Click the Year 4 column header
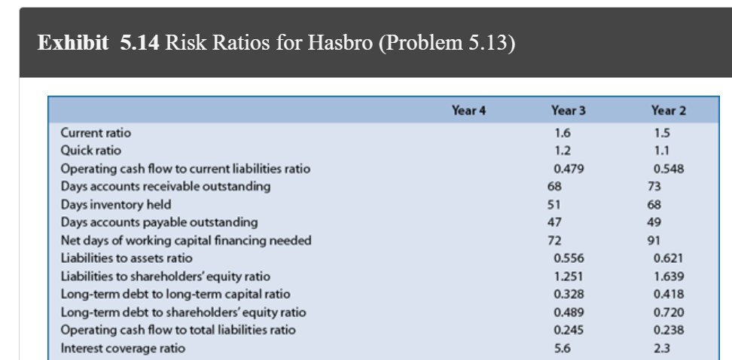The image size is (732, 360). click(x=469, y=111)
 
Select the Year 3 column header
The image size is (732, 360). click(x=569, y=111)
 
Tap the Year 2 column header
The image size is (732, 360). click(x=669, y=111)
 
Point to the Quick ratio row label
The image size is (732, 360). click(x=90, y=150)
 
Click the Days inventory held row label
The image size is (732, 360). click(x=115, y=204)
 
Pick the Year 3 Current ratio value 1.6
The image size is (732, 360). click(x=562, y=133)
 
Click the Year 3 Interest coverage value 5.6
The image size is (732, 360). click(x=562, y=348)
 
